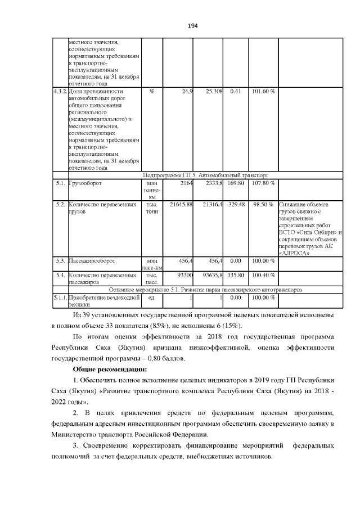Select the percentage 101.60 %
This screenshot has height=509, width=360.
[x=263, y=91]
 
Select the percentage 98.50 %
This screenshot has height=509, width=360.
[x=263, y=204]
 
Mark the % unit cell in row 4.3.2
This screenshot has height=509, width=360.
[x=151, y=91]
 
